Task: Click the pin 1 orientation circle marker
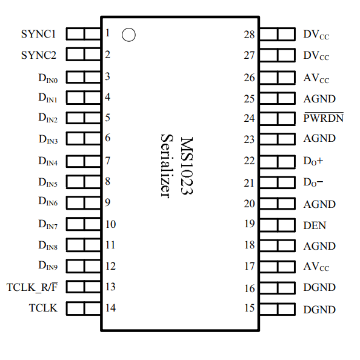tap(128, 35)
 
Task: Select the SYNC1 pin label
tap(38, 34)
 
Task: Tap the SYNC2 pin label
tap(38, 55)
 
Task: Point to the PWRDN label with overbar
tap(323, 118)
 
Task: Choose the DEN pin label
tap(315, 225)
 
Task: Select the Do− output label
tap(313, 182)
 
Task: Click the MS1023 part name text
tap(187, 166)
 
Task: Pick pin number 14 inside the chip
tap(110, 308)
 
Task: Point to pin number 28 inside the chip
tap(249, 35)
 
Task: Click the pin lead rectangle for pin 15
tap(278, 309)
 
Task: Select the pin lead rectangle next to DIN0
tap(82, 76)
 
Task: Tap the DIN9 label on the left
tap(48, 267)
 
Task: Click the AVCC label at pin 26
tap(316, 79)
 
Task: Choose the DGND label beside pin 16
tap(319, 288)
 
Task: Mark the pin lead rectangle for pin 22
tap(278, 161)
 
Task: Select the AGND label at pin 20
tap(319, 204)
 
